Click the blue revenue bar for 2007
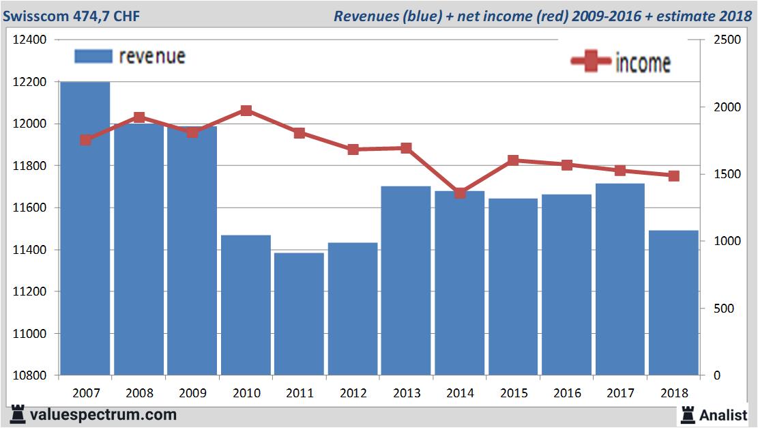click(x=85, y=229)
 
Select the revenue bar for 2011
click(x=300, y=314)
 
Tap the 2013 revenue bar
click(x=406, y=280)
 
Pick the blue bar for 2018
click(x=673, y=303)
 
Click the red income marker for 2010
click(x=246, y=111)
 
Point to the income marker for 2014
click(x=460, y=193)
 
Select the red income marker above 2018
click(x=673, y=175)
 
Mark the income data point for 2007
click(x=85, y=140)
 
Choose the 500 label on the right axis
click(x=724, y=309)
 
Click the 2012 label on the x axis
click(x=353, y=393)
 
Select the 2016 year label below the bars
click(x=567, y=393)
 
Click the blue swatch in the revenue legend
click(x=93, y=56)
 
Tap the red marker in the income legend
click(x=590, y=62)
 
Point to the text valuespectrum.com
click(x=103, y=414)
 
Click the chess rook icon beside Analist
click(x=688, y=414)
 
